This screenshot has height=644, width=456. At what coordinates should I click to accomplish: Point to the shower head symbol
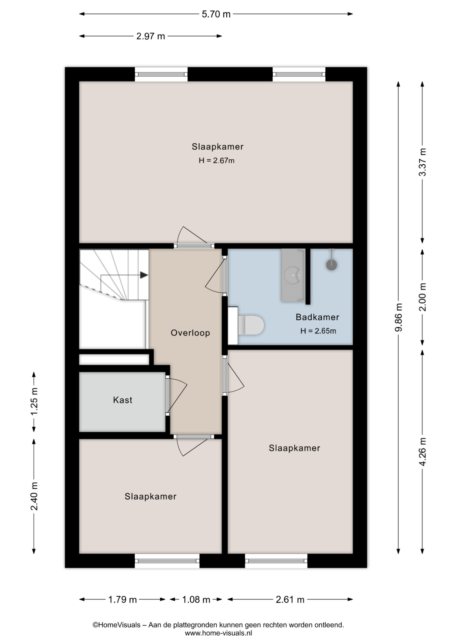[331, 265]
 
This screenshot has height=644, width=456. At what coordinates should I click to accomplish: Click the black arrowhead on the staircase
[144, 275]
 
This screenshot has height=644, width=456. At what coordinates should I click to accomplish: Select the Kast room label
[123, 400]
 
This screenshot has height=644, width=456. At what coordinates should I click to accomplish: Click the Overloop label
[190, 333]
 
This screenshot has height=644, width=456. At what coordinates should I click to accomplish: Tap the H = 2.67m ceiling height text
[217, 161]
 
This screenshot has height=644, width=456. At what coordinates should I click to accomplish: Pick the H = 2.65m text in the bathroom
[318, 331]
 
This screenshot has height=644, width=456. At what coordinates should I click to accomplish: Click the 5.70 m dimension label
[216, 14]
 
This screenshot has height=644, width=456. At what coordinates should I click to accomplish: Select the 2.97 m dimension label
[151, 36]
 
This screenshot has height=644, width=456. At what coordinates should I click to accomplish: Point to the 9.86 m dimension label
[398, 317]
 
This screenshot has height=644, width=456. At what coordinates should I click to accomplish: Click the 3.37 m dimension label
[422, 162]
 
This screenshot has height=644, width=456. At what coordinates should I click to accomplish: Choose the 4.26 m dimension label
[422, 451]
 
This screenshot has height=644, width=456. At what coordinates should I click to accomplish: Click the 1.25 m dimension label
[34, 401]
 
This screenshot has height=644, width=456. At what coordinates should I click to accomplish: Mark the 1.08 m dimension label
[196, 599]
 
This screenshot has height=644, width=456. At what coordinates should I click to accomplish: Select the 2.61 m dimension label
[290, 599]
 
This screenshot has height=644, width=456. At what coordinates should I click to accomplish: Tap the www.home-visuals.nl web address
[218, 633]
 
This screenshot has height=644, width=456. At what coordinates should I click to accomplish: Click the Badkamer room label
[317, 317]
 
